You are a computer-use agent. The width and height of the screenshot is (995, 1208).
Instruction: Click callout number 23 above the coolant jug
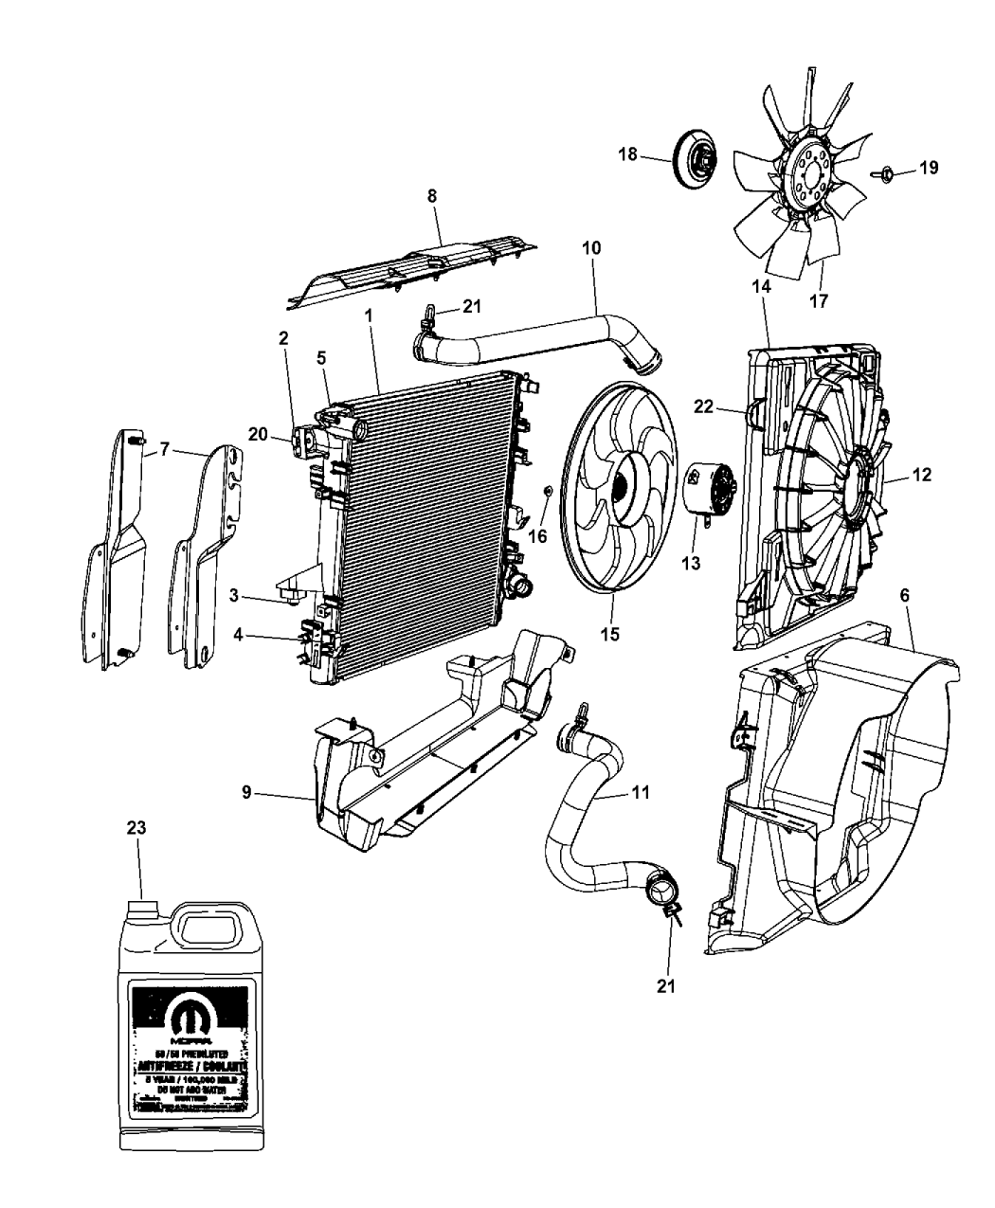point(136,826)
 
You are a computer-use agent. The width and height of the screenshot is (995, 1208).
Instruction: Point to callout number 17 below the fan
point(819,301)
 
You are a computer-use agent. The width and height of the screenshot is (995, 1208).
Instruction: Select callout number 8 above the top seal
point(432,197)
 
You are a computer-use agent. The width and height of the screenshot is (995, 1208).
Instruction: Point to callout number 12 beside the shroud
point(921,475)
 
